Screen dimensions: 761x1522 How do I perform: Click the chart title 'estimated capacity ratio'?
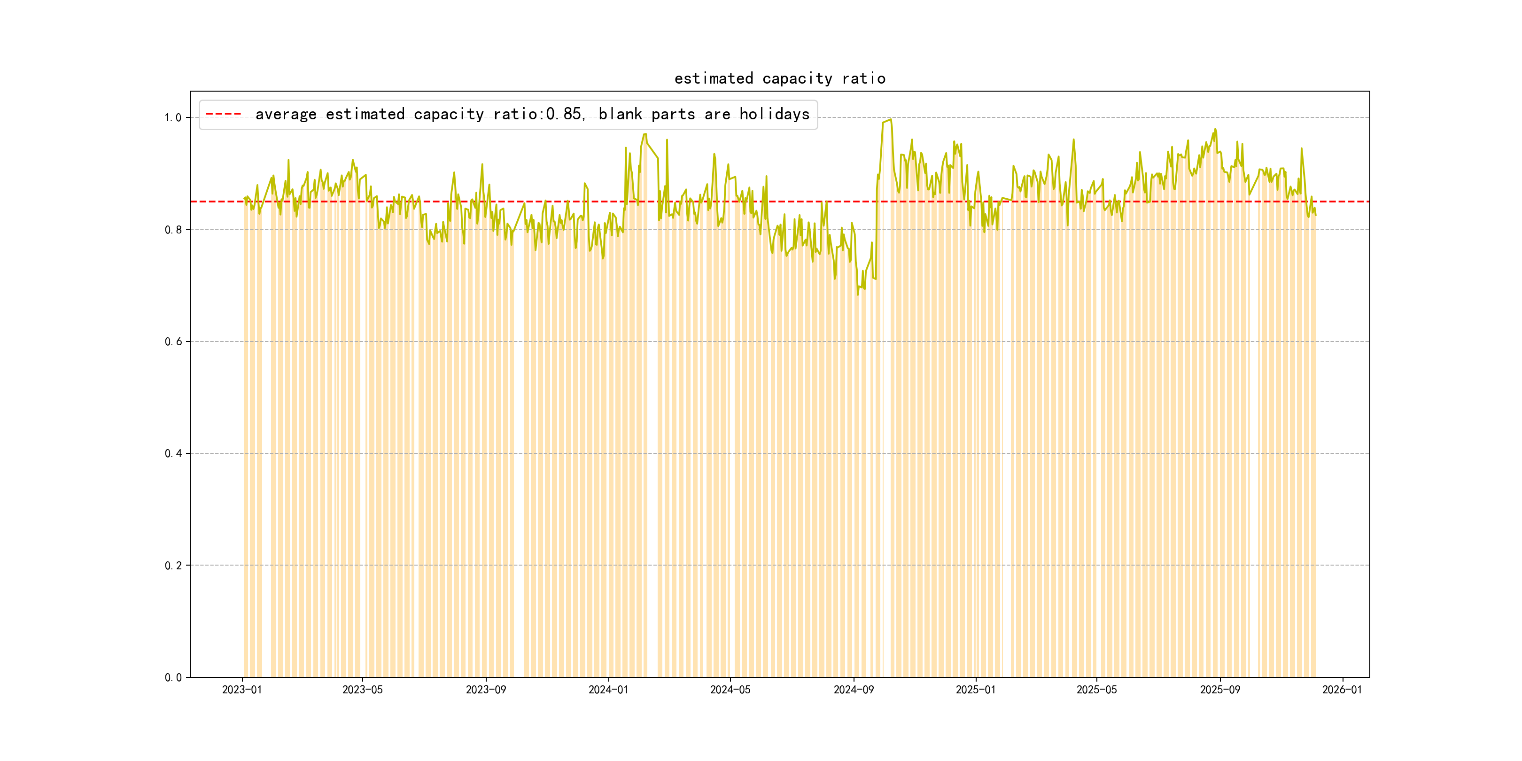779,78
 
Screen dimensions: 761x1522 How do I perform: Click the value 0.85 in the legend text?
564,114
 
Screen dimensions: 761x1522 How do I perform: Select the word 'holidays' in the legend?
774,114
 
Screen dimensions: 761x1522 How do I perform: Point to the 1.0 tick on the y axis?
173,117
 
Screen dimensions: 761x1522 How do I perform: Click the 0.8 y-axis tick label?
173,230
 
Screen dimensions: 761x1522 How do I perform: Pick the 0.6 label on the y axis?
173,342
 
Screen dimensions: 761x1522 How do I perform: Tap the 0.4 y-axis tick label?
173,454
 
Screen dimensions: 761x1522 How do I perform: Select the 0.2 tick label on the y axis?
173,566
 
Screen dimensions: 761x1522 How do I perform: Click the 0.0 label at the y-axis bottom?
173,678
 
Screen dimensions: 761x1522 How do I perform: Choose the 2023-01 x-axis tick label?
241,690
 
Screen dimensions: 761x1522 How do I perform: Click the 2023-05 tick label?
362,690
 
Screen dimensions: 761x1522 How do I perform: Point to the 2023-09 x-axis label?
486,690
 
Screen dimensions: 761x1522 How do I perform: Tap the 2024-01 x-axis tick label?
608,690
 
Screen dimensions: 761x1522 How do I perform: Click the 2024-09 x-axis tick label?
853,690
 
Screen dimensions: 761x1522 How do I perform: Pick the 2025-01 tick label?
976,690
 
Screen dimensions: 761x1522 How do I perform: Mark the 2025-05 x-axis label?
1096,690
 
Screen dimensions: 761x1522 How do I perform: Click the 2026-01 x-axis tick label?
1342,690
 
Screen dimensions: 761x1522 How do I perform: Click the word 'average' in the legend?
286,114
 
